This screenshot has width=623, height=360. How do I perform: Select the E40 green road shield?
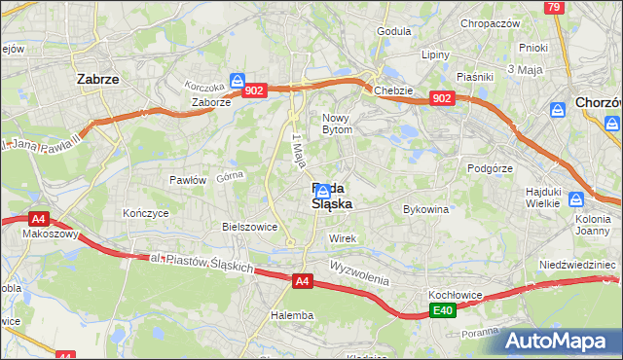click(x=444, y=310)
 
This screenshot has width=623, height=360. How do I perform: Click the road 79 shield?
click(x=554, y=7)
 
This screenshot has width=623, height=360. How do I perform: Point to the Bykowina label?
click(x=425, y=209)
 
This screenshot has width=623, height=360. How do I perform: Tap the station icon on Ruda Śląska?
click(x=322, y=192)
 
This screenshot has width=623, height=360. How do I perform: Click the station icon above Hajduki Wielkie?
click(x=575, y=199)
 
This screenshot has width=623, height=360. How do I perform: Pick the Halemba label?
click(x=292, y=315)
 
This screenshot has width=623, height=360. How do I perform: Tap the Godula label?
click(x=394, y=31)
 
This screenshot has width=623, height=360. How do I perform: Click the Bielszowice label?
click(x=250, y=227)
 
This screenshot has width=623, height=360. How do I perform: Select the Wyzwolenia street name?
click(x=359, y=271)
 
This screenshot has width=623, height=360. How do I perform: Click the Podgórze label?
click(x=489, y=167)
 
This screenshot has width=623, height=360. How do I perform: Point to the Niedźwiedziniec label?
click(x=577, y=265)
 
